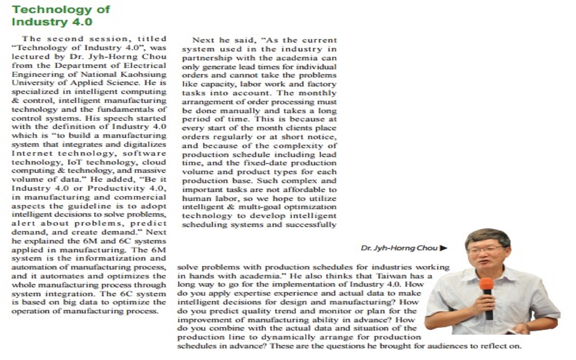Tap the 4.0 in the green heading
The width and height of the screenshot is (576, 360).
click(81, 22)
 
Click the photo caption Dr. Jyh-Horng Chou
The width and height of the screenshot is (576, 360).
click(399, 248)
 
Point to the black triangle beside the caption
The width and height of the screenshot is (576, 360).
click(444, 248)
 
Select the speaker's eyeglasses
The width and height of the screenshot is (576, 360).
click(485, 249)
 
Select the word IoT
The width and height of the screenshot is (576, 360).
click(75, 162)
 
